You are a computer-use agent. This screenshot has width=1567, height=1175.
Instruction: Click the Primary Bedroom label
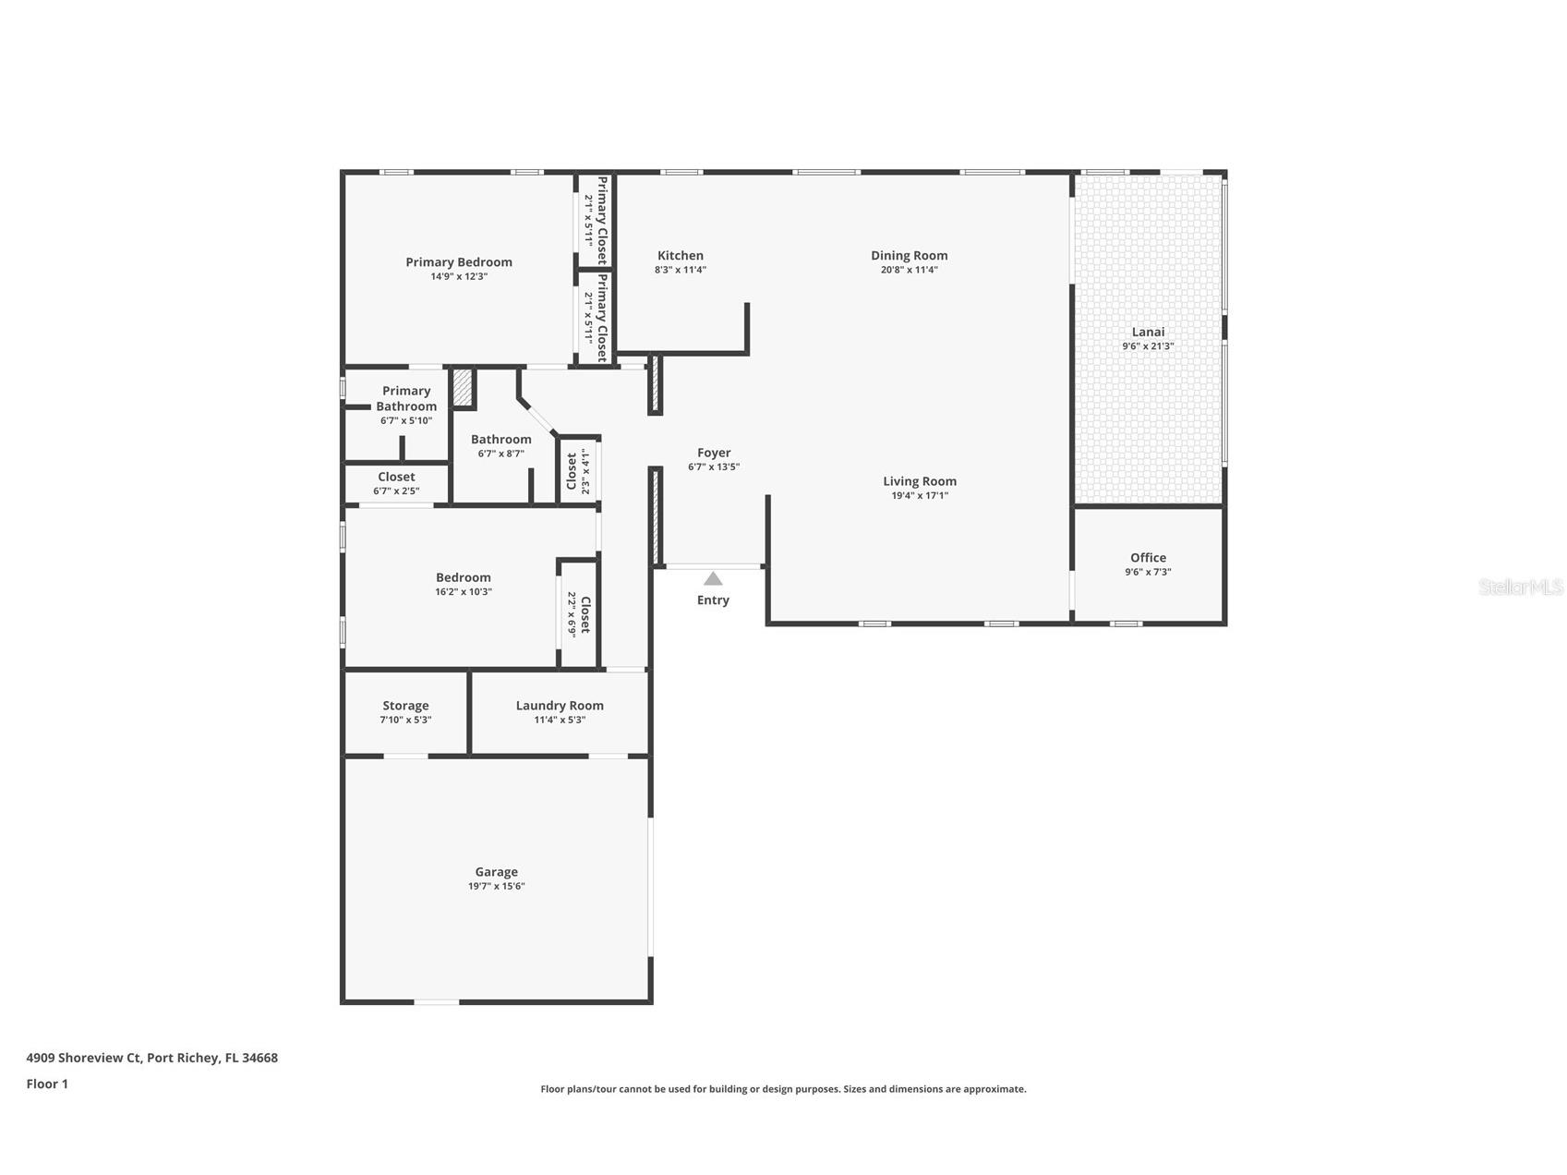tap(459, 262)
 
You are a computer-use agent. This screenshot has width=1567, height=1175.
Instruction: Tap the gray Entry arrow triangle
tap(713, 579)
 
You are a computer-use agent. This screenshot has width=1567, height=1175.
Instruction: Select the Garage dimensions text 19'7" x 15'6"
tap(496, 887)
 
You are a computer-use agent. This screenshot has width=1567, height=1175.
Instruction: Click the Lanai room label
tap(1148, 332)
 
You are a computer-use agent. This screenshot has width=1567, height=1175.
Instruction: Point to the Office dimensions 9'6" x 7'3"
tap(1148, 572)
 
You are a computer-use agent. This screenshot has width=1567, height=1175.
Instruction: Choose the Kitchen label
tap(681, 256)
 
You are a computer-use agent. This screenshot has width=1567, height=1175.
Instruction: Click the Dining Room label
tap(909, 256)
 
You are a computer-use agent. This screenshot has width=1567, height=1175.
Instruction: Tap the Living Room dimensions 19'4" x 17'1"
tap(919, 496)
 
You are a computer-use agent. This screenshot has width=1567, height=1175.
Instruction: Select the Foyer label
tap(714, 453)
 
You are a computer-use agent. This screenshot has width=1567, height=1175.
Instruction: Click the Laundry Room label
tap(560, 706)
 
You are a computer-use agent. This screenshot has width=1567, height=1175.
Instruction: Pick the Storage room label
tap(405, 706)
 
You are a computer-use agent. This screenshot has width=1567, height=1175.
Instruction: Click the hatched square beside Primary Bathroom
tap(462, 388)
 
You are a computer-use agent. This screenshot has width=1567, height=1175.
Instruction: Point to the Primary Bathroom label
tap(406, 398)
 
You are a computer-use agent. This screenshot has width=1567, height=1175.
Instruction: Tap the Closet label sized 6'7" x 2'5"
tap(396, 477)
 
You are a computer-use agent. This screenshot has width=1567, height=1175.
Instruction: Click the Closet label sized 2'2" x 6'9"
tap(585, 614)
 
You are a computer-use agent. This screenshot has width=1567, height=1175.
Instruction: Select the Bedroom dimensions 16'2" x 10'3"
tap(464, 592)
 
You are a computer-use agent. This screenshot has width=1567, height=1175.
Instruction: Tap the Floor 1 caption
tap(47, 1084)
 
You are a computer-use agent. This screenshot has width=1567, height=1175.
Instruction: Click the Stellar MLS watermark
tap(1520, 587)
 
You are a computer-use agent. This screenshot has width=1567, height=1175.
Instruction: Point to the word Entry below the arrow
tap(713, 600)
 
